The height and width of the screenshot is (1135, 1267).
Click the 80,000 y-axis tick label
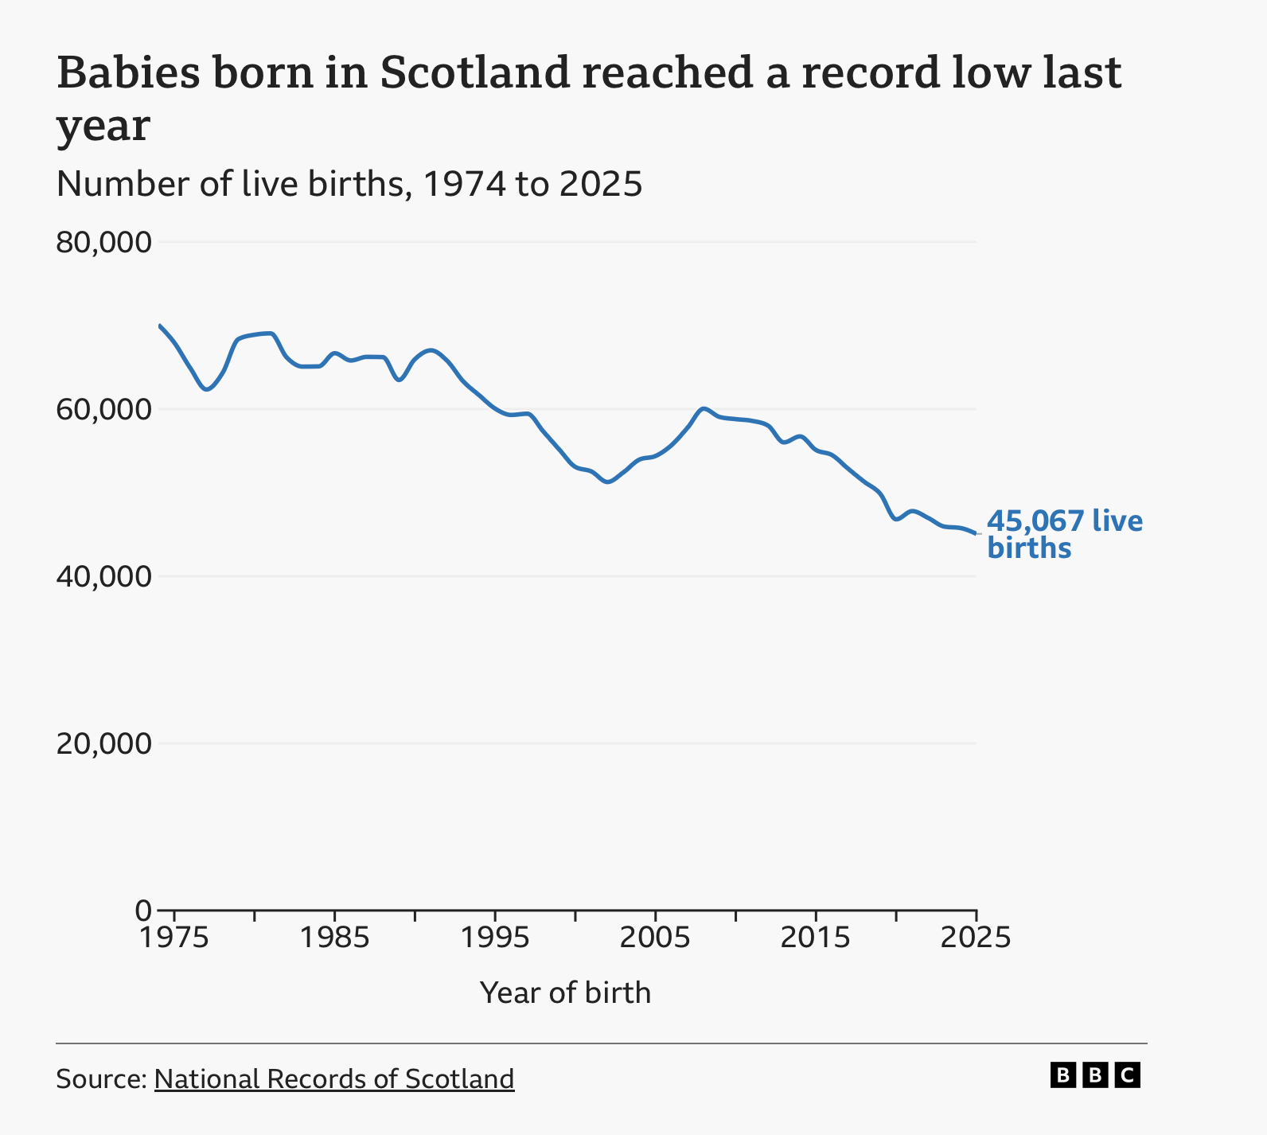(x=103, y=242)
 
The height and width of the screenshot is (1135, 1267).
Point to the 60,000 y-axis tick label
(x=103, y=409)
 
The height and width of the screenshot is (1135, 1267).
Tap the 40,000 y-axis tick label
(x=103, y=576)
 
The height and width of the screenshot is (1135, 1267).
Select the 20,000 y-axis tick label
(x=103, y=743)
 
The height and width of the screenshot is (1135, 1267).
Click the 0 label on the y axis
(x=143, y=910)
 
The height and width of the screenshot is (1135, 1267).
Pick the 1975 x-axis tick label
(x=174, y=938)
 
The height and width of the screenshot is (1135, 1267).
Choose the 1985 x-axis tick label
(x=335, y=938)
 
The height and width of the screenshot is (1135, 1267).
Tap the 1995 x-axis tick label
(x=495, y=938)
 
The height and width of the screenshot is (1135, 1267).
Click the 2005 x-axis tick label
(x=655, y=938)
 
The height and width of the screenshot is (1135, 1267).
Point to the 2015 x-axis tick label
(x=816, y=938)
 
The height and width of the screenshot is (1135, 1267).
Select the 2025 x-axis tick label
(x=976, y=938)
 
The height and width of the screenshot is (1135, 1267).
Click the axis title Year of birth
(x=565, y=993)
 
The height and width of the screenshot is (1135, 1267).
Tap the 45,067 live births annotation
(x=1065, y=535)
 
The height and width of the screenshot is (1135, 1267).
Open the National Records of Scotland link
(x=334, y=1078)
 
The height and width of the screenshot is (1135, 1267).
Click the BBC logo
(x=1095, y=1075)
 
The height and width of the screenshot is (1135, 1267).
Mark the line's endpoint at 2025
(x=976, y=533)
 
